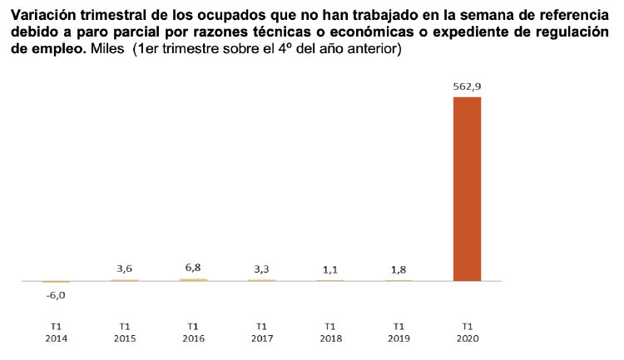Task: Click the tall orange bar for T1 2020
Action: pos(467,189)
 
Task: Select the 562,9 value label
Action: pos(467,85)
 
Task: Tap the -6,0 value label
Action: pos(56,294)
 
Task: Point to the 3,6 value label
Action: pos(125,269)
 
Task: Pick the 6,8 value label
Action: pos(193,268)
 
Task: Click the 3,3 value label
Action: pos(261,269)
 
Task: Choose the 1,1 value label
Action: pos(330,269)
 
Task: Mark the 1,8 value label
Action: pos(399,269)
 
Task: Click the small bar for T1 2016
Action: pos(193,280)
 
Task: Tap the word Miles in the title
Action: pos(108,50)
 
